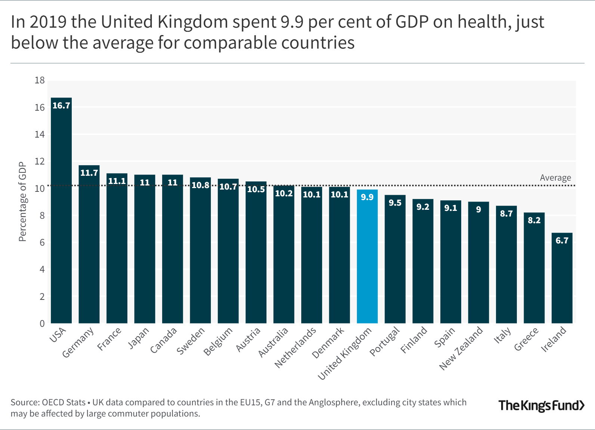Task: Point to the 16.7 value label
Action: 61,105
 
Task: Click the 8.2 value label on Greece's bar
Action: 534,220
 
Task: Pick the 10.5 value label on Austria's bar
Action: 256,189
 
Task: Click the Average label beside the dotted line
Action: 555,178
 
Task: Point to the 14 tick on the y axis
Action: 40,135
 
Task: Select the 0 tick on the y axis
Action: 42,323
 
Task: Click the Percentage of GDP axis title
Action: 23,202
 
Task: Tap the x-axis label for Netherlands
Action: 295,348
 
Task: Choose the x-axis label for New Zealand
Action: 461,348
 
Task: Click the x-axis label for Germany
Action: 78,343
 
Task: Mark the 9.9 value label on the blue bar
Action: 367,197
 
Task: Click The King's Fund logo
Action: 541,405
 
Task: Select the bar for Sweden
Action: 200,254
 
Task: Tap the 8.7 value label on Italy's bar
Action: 506,214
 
